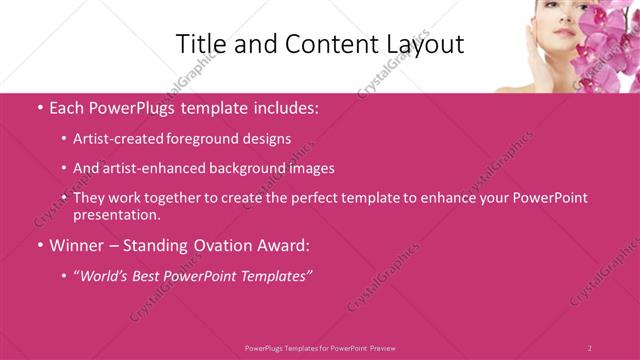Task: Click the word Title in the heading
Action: tap(199, 44)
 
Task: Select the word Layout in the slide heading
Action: tap(423, 44)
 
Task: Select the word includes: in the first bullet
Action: tap(286, 105)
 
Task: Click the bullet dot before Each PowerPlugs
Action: tap(39, 105)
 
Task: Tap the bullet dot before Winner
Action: tap(39, 244)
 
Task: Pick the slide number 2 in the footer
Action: tap(590, 348)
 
